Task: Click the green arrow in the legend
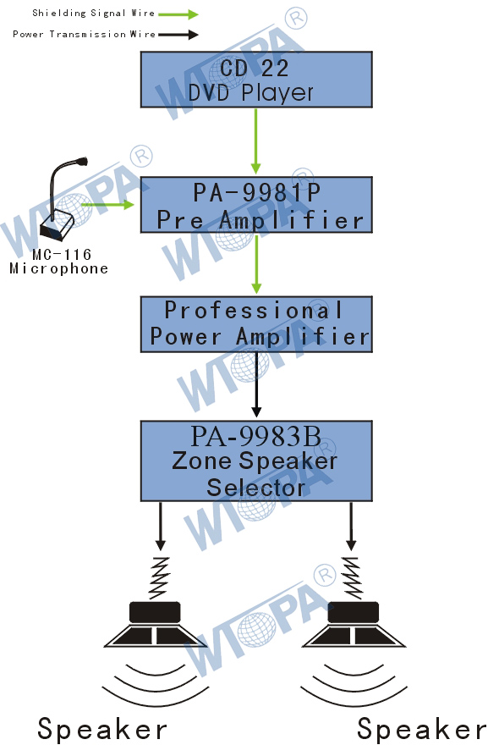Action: (178, 14)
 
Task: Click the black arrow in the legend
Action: (178, 34)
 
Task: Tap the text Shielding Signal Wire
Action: (93, 13)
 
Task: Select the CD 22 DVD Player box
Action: (256, 80)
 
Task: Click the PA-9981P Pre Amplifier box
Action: (256, 205)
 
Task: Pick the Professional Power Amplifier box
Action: (256, 324)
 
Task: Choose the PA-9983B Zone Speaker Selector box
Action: (256, 461)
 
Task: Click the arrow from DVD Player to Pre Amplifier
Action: (255, 141)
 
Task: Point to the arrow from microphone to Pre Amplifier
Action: (108, 204)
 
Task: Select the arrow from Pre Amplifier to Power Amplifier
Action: (256, 264)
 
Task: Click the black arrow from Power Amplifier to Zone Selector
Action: (256, 384)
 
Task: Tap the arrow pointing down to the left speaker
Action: (161, 526)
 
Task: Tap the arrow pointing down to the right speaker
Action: (351, 526)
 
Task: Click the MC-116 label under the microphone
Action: (62, 254)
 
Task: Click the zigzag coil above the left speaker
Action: (160, 577)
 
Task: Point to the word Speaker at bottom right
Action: (421, 729)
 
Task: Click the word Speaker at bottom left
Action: (102, 729)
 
